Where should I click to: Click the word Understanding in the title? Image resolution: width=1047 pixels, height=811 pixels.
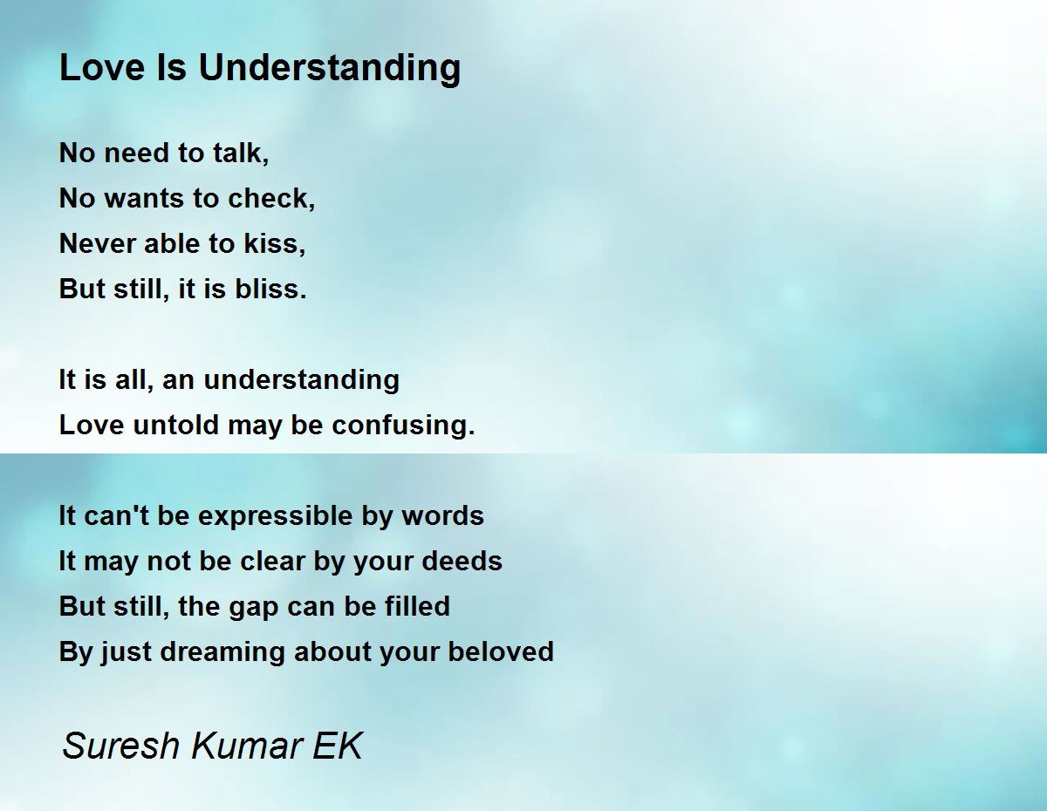330,69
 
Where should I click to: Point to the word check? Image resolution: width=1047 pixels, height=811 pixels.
271,198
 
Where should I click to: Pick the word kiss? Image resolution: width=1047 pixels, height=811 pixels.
274,243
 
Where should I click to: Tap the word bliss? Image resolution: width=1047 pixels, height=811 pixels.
270,289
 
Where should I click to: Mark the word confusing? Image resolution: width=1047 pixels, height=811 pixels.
403,426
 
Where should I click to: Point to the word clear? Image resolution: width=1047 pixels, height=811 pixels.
273,561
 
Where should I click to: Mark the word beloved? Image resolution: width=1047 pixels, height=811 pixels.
501,651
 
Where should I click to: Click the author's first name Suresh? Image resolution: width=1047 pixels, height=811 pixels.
121,746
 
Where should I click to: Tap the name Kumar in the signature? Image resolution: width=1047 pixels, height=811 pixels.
246,746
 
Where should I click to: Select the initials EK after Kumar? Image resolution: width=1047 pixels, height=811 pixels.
338,746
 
